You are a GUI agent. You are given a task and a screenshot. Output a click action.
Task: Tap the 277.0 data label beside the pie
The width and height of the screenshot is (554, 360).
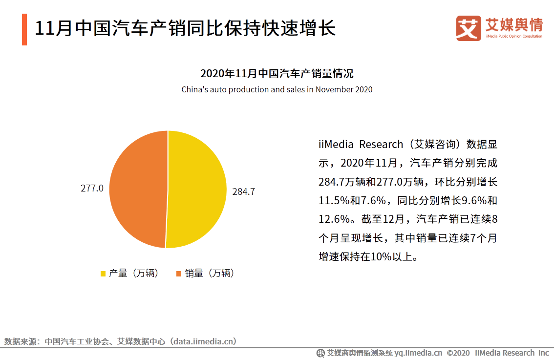click(92, 188)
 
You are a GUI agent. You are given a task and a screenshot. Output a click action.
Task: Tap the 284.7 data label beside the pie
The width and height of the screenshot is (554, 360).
click(243, 192)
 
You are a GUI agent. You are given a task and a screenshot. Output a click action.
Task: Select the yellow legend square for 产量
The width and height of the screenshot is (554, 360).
click(103, 274)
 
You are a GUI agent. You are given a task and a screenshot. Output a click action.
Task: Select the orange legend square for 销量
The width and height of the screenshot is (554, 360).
click(179, 274)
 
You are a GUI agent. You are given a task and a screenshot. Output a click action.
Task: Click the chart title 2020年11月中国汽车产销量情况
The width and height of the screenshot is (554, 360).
click(277, 74)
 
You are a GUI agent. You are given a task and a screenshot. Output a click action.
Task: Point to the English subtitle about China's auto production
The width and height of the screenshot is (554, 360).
click(277, 89)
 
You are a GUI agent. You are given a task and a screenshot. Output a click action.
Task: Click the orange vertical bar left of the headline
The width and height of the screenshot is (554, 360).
click(24, 29)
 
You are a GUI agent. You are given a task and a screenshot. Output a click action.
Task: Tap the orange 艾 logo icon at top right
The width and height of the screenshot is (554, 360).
click(468, 28)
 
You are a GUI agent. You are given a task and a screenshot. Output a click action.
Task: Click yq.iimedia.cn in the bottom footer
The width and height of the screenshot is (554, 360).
click(418, 353)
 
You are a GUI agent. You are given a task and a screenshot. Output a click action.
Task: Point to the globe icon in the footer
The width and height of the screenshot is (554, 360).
click(320, 353)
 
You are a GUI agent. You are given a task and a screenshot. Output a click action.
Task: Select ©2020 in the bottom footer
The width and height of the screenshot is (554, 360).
click(458, 353)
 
